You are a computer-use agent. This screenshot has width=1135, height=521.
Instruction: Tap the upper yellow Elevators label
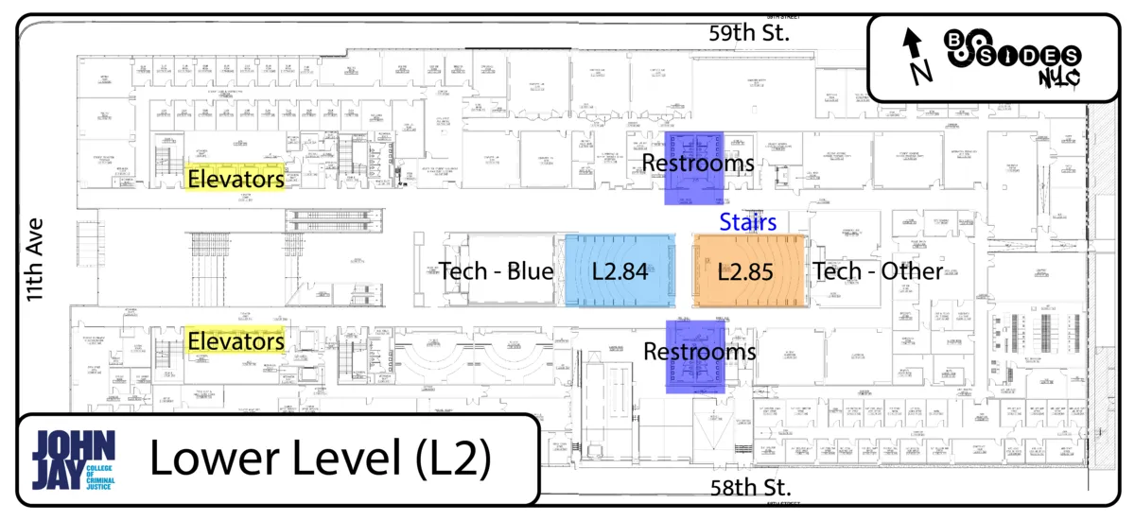(236, 178)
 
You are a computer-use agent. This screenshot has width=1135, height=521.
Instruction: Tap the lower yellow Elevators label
(236, 340)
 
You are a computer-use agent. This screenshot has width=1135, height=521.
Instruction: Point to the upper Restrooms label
(698, 163)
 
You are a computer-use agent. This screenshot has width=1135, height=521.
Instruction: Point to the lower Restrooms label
(699, 352)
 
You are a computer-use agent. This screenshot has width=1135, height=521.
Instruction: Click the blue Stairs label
(747, 222)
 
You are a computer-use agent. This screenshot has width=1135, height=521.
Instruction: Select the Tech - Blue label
(496, 272)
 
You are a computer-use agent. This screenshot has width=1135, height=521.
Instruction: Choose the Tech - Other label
(878, 272)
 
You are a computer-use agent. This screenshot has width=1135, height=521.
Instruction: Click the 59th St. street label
(749, 33)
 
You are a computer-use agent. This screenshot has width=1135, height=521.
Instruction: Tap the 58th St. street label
(750, 488)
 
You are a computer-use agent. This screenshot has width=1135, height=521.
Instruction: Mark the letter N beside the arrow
(922, 70)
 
